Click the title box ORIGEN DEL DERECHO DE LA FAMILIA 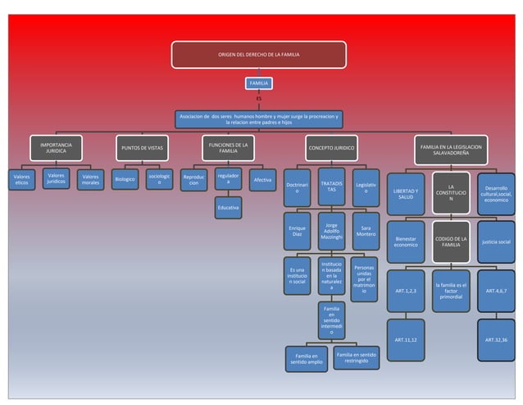click(x=258, y=53)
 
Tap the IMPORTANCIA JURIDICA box click(x=56, y=148)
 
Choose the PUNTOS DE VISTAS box click(x=142, y=148)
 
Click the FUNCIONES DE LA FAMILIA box click(x=229, y=148)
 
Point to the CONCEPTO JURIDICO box click(x=331, y=148)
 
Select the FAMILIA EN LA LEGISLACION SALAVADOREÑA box click(x=451, y=148)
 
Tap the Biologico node click(x=125, y=179)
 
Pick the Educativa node click(x=229, y=208)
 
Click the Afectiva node click(x=262, y=180)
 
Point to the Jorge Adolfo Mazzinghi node click(x=331, y=231)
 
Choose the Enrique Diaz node click(x=298, y=232)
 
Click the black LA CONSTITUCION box click(x=451, y=193)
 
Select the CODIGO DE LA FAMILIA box click(x=451, y=242)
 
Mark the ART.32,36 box click(x=495, y=339)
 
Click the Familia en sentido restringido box click(x=357, y=358)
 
